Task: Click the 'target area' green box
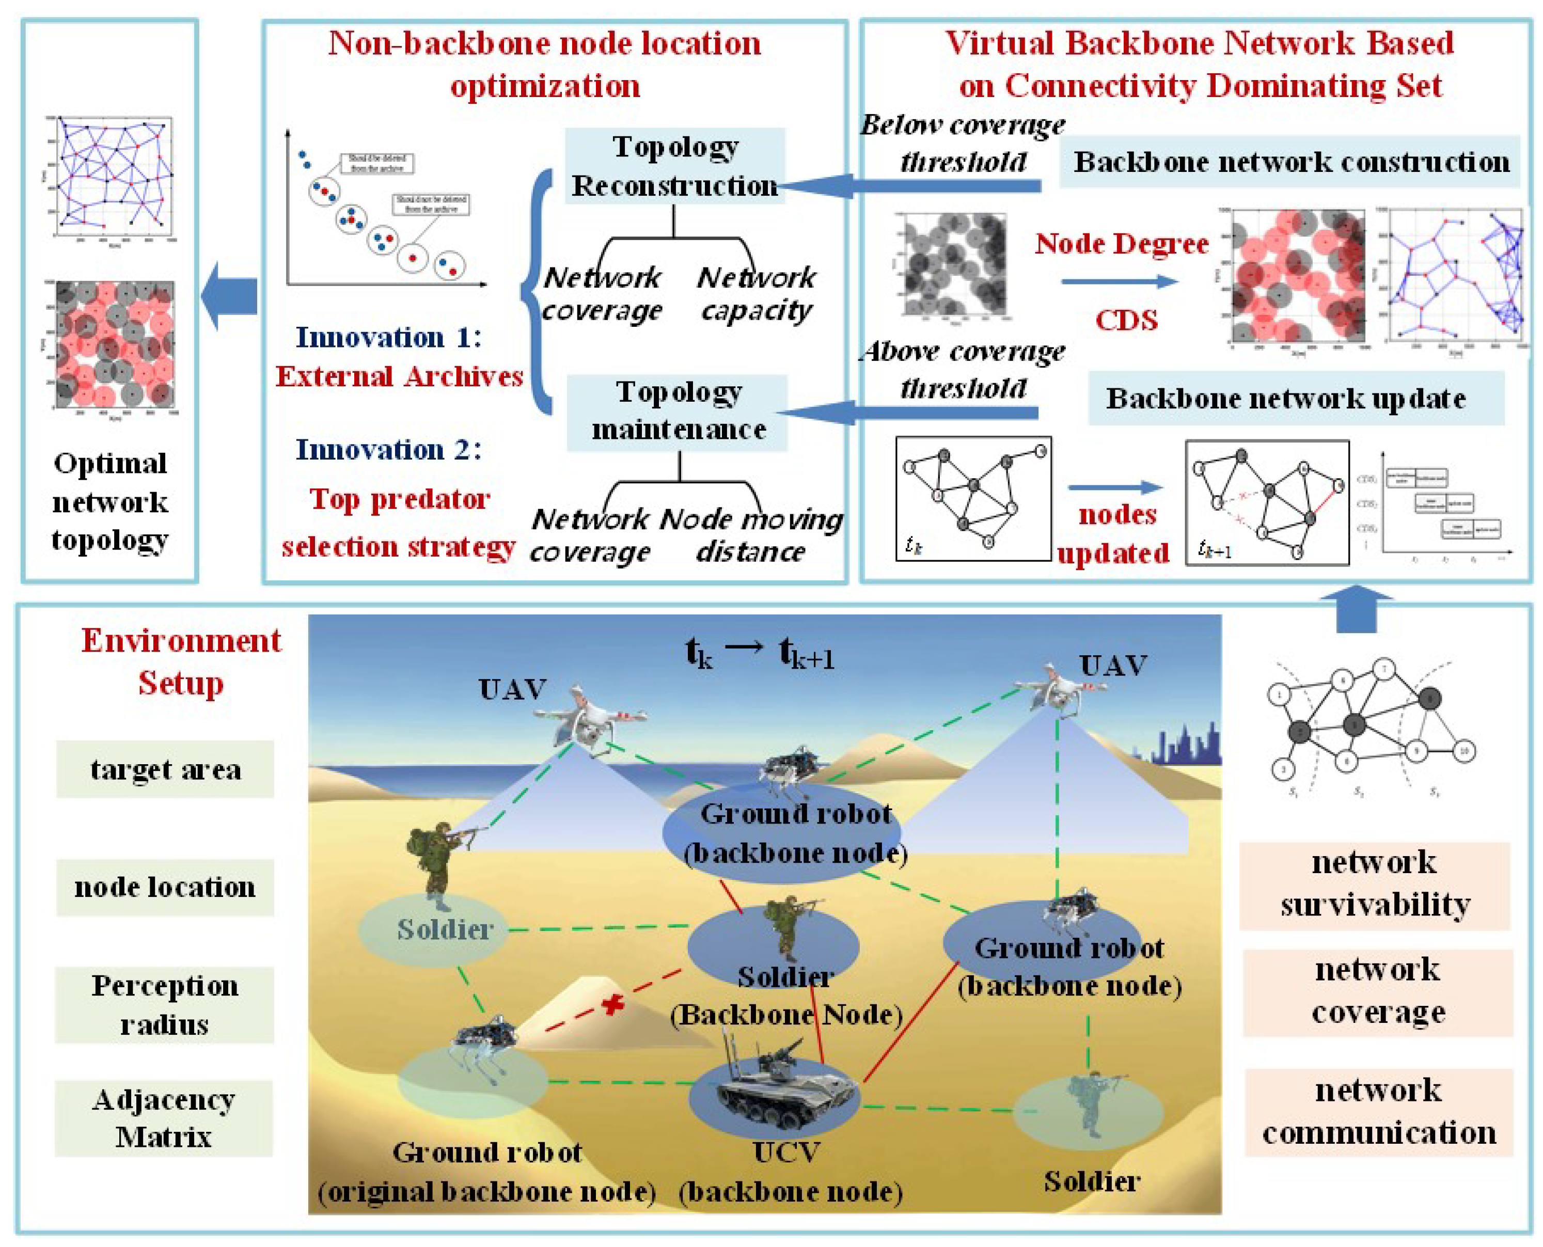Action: pyautogui.click(x=165, y=769)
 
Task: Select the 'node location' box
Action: pyautogui.click(x=165, y=887)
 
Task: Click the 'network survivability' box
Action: pyautogui.click(x=1374, y=884)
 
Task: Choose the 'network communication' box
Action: pyautogui.click(x=1378, y=1112)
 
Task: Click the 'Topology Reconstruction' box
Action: pyautogui.click(x=674, y=166)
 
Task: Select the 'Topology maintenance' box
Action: pyautogui.click(x=678, y=412)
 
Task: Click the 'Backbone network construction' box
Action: pyautogui.click(x=1290, y=162)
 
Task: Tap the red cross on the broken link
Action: pyautogui.click(x=613, y=1004)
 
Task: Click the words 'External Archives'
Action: pyautogui.click(x=399, y=376)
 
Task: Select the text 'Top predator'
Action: pyautogui.click(x=399, y=498)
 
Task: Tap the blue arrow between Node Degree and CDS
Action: pyautogui.click(x=1119, y=281)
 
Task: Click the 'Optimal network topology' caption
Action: pyautogui.click(x=110, y=501)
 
